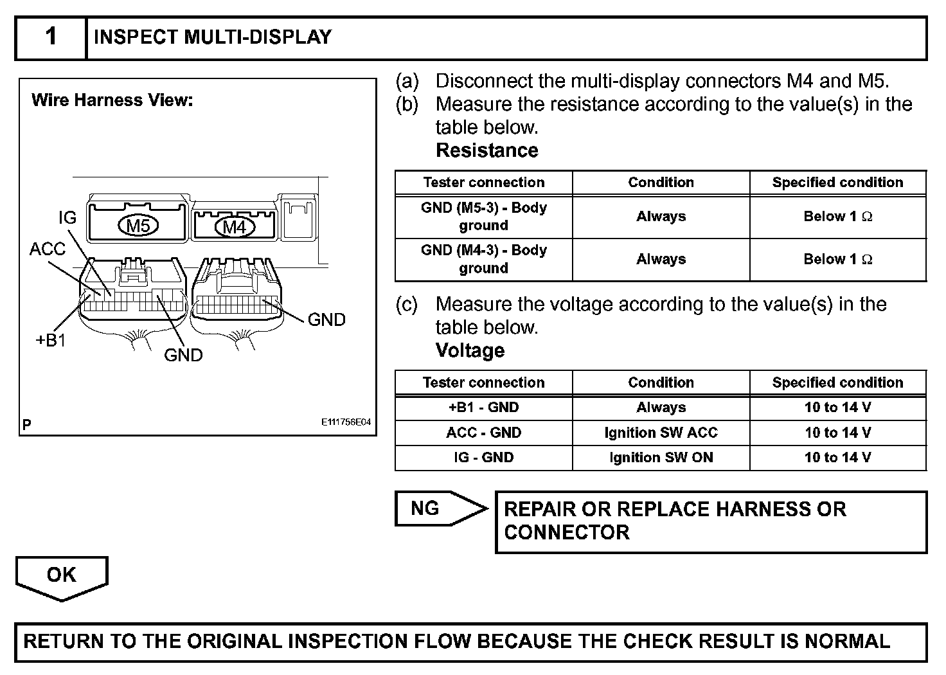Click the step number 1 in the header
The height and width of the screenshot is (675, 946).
(x=51, y=37)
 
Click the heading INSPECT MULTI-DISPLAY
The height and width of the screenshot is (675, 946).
(x=213, y=37)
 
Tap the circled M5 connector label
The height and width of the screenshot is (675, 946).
(x=138, y=226)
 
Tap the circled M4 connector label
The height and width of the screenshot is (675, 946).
(x=234, y=227)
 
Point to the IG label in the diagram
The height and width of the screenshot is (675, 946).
(x=67, y=218)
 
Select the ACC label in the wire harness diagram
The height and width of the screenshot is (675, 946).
(x=47, y=249)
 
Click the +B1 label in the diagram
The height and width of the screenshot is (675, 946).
(x=51, y=340)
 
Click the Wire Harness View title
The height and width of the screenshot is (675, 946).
(x=112, y=100)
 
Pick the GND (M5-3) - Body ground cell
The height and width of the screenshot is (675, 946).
(x=483, y=217)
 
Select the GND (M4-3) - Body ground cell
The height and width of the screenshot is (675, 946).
(x=483, y=259)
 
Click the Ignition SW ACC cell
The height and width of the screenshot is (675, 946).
(x=661, y=433)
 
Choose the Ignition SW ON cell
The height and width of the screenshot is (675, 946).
(x=661, y=458)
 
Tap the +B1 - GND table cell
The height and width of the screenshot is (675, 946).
(x=483, y=408)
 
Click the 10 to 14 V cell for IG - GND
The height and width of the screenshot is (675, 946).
(x=837, y=458)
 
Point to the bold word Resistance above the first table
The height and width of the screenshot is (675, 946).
(x=486, y=150)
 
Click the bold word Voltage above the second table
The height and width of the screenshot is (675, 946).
(x=470, y=350)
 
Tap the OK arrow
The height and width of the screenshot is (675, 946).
(x=62, y=576)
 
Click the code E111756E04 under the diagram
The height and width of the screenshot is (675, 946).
(x=346, y=422)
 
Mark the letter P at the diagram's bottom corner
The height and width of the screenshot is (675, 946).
(x=26, y=424)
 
